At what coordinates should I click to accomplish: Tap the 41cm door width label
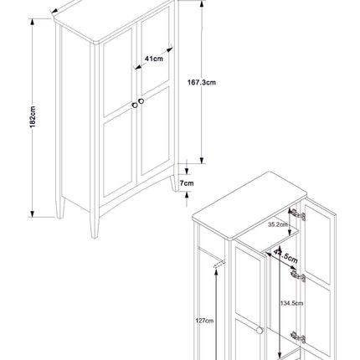click(152, 59)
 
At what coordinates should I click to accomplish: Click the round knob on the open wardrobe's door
click(261, 332)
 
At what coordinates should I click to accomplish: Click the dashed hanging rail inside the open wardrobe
click(219, 265)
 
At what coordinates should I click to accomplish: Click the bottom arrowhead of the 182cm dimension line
click(33, 214)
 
